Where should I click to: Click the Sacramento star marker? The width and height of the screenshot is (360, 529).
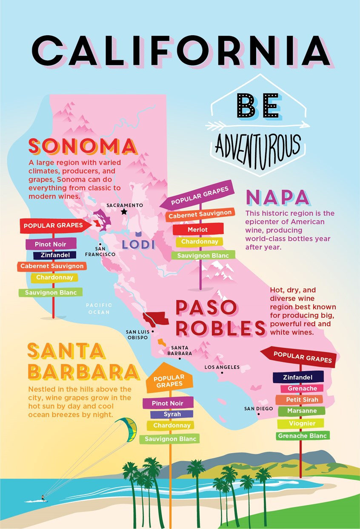(124, 211)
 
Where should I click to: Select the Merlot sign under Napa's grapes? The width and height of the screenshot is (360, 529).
(198, 230)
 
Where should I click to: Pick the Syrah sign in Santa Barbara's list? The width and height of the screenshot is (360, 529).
(172, 414)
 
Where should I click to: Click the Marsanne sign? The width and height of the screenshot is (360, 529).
(302, 411)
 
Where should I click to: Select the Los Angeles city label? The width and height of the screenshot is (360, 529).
(222, 367)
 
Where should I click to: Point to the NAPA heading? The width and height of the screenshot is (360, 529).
(277, 198)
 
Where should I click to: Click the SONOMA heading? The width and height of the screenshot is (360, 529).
(83, 147)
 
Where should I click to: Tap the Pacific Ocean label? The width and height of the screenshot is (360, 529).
(99, 308)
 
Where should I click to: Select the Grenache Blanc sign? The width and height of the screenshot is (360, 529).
(302, 436)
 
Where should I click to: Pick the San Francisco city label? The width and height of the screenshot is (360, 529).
(100, 251)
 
